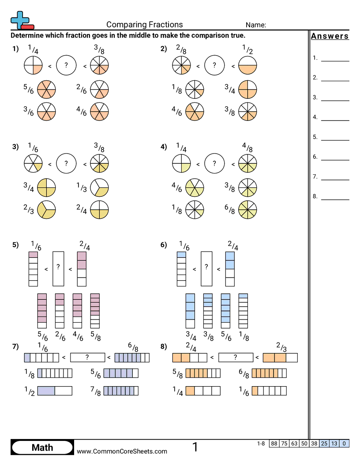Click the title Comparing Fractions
144,25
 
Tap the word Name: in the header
256,25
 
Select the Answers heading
330,36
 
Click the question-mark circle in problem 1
66,65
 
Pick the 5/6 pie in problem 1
46,90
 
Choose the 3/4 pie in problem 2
247,90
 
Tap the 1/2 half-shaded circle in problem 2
247,65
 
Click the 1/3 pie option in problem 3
99,188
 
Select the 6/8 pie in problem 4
247,210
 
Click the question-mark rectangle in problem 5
58,269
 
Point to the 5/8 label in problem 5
95,336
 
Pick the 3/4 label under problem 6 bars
191,336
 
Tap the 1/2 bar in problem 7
55,391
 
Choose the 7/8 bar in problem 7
121,391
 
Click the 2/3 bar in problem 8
280,357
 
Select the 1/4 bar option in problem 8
203,391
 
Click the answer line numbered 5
335,140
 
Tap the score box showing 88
274,443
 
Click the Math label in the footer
42,447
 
